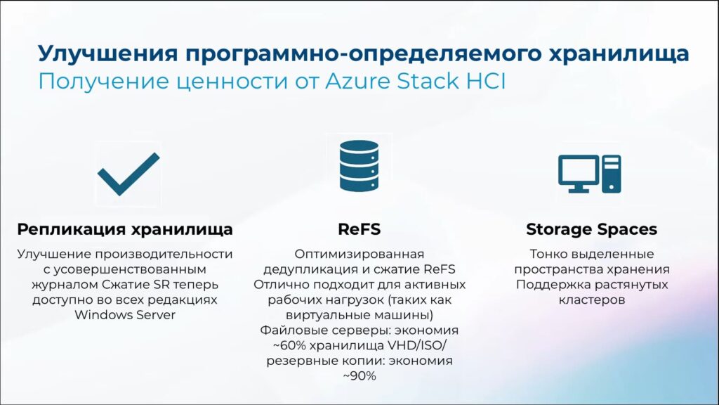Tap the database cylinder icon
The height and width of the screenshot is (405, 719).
point(359,166)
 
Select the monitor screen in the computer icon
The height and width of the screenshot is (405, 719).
point(579,171)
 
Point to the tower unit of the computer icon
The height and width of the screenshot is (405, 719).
point(612,174)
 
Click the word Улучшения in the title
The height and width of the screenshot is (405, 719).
point(107,53)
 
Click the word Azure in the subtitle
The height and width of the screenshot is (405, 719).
point(357,82)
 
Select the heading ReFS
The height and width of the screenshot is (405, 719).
point(359,229)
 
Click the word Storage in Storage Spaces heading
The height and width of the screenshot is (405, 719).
point(557,229)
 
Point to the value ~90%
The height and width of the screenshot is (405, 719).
point(359,376)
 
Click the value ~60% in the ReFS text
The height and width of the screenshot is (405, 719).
point(289,345)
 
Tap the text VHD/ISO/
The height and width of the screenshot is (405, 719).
point(417,345)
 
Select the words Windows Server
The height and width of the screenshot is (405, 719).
point(125,315)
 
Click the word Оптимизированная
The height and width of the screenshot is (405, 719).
point(359,255)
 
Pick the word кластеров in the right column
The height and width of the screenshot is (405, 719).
point(591,300)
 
